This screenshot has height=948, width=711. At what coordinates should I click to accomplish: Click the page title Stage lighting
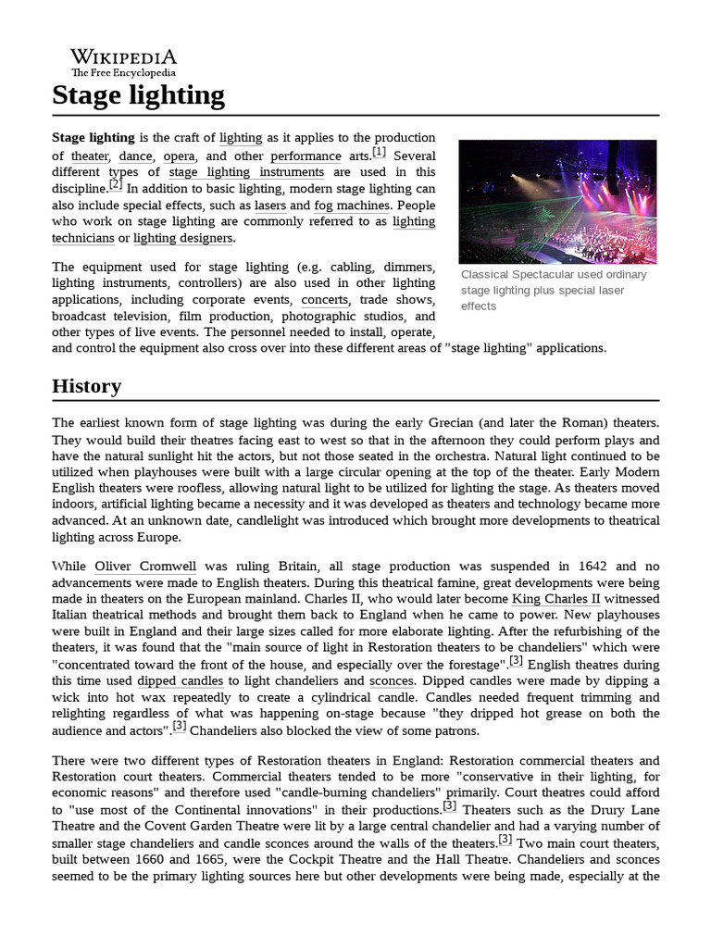pos(138,95)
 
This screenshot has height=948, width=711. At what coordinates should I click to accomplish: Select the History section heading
pos(86,385)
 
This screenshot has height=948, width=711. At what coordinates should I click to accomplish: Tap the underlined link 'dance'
pos(135,156)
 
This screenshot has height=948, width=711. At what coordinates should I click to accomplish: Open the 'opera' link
pos(179,156)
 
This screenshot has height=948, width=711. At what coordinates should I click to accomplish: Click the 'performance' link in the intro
pos(306,156)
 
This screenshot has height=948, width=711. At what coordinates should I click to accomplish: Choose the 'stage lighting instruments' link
pos(246,171)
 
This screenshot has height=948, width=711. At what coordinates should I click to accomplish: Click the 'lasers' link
pos(269,205)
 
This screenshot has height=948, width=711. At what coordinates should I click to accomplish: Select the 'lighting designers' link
pos(183,238)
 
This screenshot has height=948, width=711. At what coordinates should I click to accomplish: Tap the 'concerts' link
pos(324,299)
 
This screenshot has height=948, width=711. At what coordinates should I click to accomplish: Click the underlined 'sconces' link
pos(391,680)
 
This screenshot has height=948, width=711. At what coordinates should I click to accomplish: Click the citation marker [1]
pos(379,152)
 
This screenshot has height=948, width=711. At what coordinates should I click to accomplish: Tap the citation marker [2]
pos(115,184)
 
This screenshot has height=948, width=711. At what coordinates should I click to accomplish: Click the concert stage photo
pos(557,200)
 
